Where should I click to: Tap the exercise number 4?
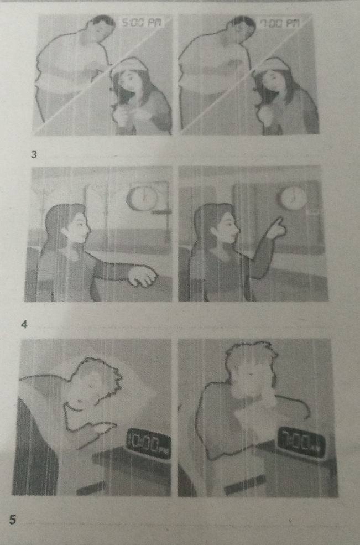[23, 324]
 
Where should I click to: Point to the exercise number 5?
[13, 518]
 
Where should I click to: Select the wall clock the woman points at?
[291, 198]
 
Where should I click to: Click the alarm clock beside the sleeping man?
[148, 443]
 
